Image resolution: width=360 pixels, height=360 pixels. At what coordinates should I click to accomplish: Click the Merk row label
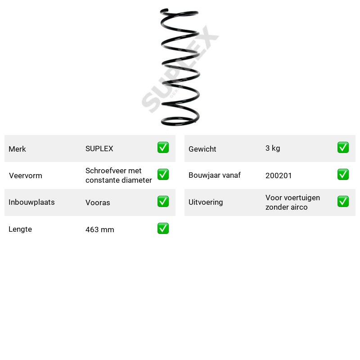click(x=17, y=149)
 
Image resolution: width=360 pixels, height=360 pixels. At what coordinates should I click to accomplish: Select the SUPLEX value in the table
click(x=99, y=148)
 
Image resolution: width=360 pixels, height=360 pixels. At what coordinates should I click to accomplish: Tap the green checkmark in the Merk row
click(x=163, y=148)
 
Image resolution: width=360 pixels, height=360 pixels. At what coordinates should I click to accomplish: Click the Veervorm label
click(x=26, y=175)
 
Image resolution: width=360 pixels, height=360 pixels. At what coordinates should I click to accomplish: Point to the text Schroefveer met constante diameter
click(x=118, y=175)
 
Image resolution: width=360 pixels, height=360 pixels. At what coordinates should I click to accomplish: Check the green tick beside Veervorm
click(x=163, y=175)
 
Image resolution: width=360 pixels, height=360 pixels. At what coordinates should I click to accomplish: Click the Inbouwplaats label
click(x=31, y=202)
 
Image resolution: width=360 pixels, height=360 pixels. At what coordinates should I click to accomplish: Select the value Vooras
click(x=98, y=202)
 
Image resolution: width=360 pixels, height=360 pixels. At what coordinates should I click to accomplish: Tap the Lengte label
click(x=20, y=229)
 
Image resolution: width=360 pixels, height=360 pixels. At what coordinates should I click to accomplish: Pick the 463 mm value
click(x=99, y=229)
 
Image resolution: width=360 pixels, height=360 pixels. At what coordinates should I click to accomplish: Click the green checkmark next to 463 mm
click(x=163, y=229)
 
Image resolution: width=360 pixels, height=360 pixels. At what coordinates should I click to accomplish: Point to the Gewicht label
click(x=202, y=149)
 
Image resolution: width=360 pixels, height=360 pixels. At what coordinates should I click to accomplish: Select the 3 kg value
click(x=273, y=148)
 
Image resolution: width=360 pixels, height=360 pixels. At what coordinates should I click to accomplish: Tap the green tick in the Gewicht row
click(x=343, y=148)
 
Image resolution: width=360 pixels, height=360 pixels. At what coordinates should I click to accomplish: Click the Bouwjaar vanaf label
click(x=215, y=175)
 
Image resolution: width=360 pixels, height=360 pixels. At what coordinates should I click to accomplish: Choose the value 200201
click(x=279, y=175)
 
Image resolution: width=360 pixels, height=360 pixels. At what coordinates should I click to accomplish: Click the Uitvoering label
click(x=206, y=202)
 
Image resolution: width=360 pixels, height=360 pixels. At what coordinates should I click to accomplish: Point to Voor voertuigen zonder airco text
click(x=292, y=202)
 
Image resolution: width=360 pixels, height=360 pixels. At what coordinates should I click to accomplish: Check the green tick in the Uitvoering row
click(x=343, y=201)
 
